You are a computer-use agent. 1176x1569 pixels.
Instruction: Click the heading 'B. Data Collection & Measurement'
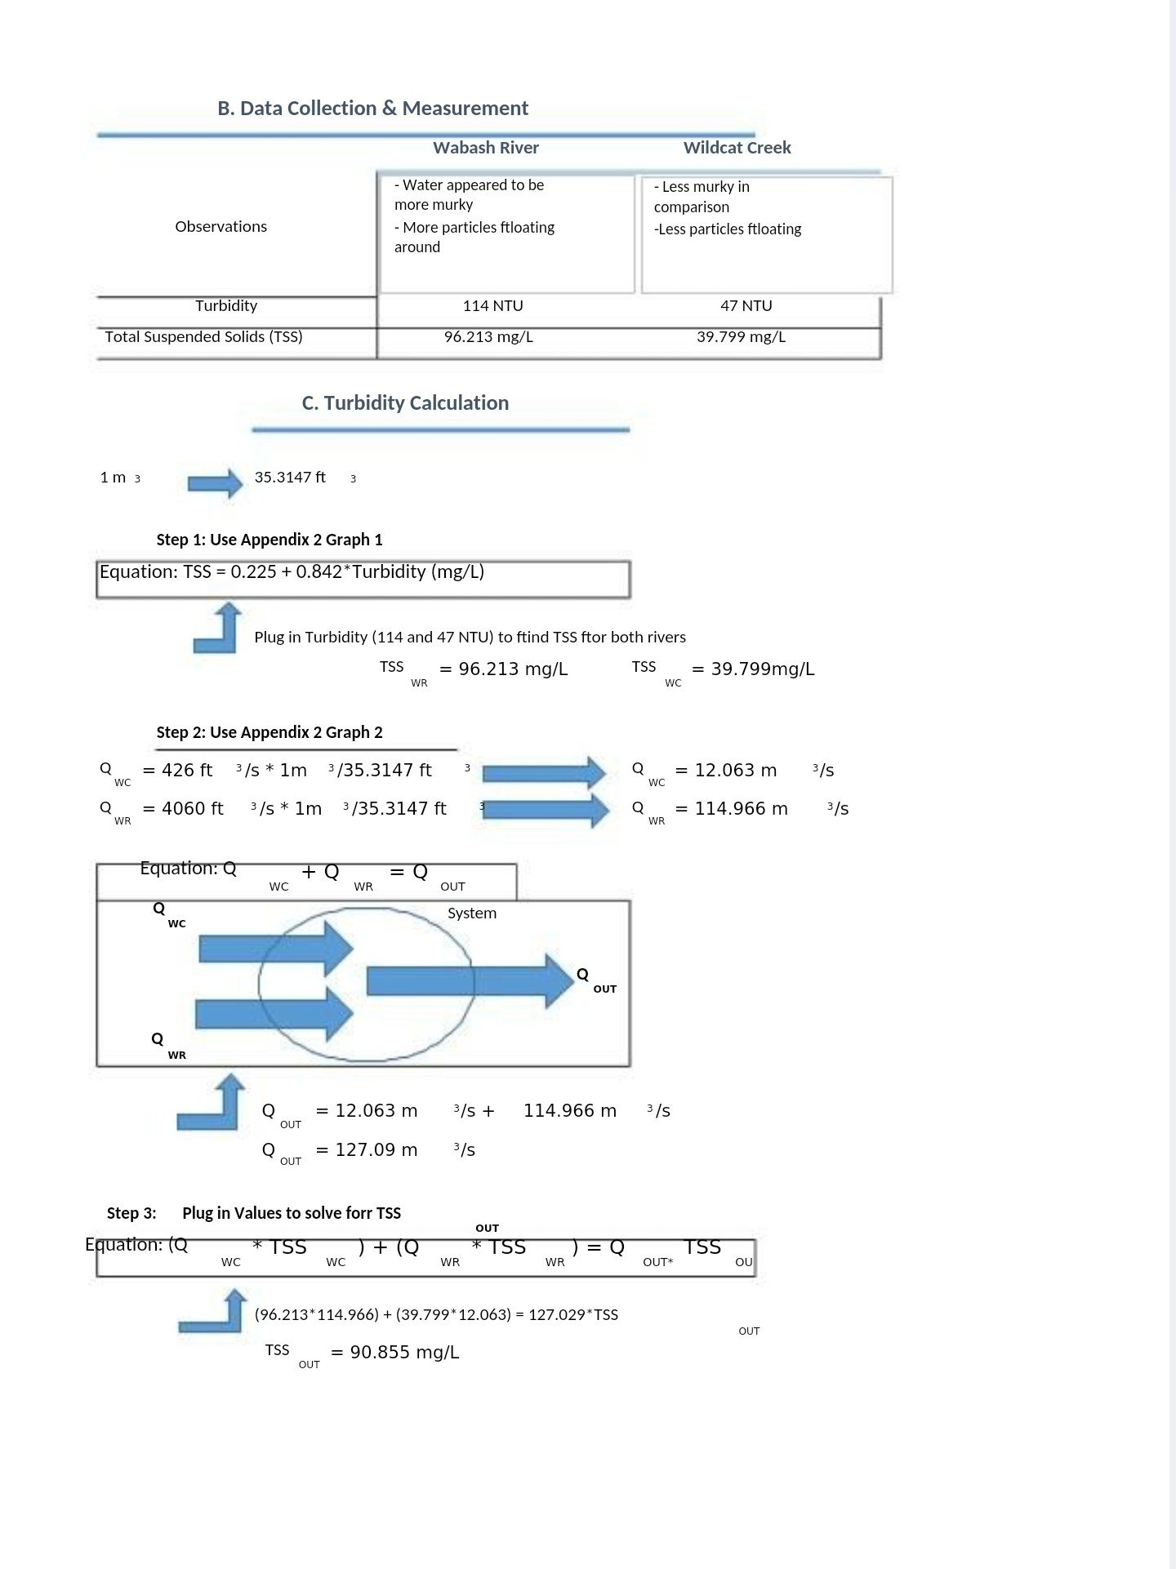(372, 109)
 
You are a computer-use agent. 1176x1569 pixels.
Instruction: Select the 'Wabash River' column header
(485, 148)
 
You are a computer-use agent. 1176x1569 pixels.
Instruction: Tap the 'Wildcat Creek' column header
(737, 148)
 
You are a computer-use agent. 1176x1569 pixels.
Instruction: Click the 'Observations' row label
(220, 227)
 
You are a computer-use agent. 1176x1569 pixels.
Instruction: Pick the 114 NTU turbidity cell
(492, 306)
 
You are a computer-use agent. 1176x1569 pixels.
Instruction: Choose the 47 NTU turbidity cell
(746, 306)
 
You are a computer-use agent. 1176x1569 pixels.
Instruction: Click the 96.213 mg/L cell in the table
(488, 337)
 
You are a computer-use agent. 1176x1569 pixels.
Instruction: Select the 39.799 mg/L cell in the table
(741, 337)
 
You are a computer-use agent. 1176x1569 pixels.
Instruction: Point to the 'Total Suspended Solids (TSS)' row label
(203, 337)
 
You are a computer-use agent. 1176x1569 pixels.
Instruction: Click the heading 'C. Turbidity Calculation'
(405, 403)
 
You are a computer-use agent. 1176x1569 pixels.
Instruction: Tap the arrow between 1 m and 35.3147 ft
(215, 483)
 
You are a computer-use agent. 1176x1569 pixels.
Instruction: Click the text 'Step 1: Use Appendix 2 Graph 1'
(269, 540)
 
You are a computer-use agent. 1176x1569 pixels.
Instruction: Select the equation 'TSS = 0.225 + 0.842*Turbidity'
(292, 572)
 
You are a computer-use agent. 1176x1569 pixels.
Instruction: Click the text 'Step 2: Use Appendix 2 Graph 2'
(269, 732)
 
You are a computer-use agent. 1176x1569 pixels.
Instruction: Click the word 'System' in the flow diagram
(471, 913)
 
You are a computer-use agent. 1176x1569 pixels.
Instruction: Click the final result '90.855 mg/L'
(404, 1353)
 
